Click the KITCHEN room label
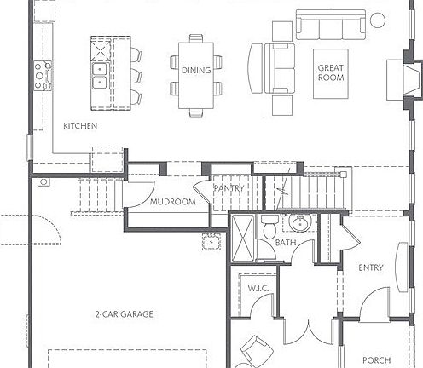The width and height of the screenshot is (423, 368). click(x=81, y=126)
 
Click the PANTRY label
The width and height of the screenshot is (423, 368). click(x=228, y=188)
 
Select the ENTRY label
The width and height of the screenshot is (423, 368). click(x=371, y=268)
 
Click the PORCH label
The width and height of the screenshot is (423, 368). click(x=377, y=359)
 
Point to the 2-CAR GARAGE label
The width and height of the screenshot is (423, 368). click(x=125, y=314)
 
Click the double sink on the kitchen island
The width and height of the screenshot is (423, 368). click(x=101, y=73)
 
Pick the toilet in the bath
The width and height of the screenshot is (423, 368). click(x=268, y=228)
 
